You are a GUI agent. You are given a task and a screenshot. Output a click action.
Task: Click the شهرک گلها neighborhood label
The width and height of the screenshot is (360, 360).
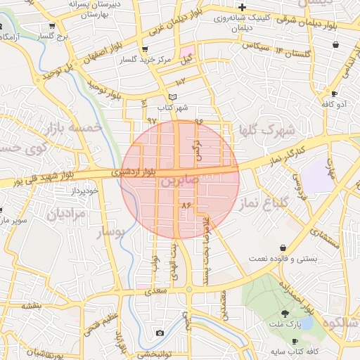262,130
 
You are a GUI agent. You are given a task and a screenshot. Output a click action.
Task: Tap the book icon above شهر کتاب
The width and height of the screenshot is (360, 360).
173,97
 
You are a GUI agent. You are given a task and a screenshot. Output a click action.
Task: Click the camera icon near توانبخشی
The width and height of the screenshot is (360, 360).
160,333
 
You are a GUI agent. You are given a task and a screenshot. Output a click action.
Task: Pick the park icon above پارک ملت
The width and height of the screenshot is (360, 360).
285,314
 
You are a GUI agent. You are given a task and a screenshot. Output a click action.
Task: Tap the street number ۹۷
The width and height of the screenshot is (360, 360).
153,122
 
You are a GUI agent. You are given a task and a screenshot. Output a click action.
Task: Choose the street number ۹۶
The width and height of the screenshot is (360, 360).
198,121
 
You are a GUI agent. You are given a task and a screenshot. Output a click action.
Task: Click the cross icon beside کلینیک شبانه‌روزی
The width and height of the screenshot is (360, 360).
242,6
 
